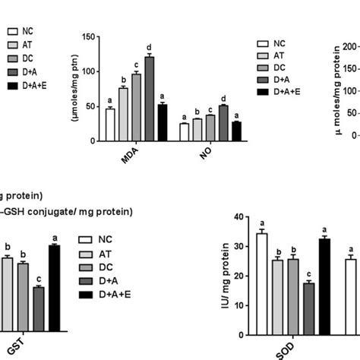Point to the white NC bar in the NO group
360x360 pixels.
coord(184,132)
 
